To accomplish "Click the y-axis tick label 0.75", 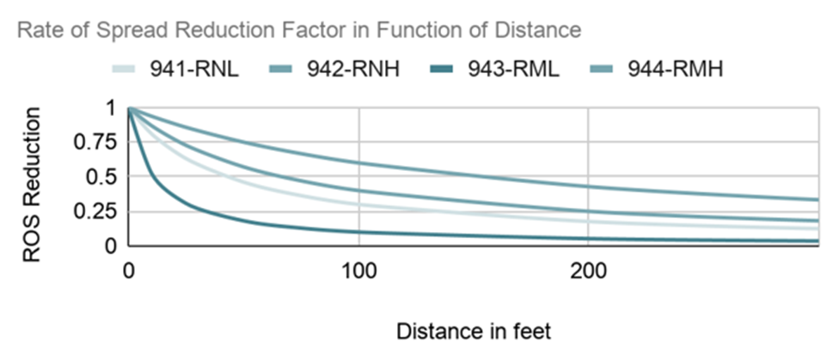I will click(x=97, y=143).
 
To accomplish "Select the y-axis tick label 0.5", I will click(x=105, y=177).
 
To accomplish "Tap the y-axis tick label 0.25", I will click(x=97, y=212).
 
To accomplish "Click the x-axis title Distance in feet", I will click(x=471, y=331).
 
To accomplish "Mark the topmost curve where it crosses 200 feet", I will click(x=587, y=186).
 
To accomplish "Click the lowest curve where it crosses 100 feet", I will click(x=358, y=232).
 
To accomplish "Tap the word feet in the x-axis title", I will click(x=529, y=331).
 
